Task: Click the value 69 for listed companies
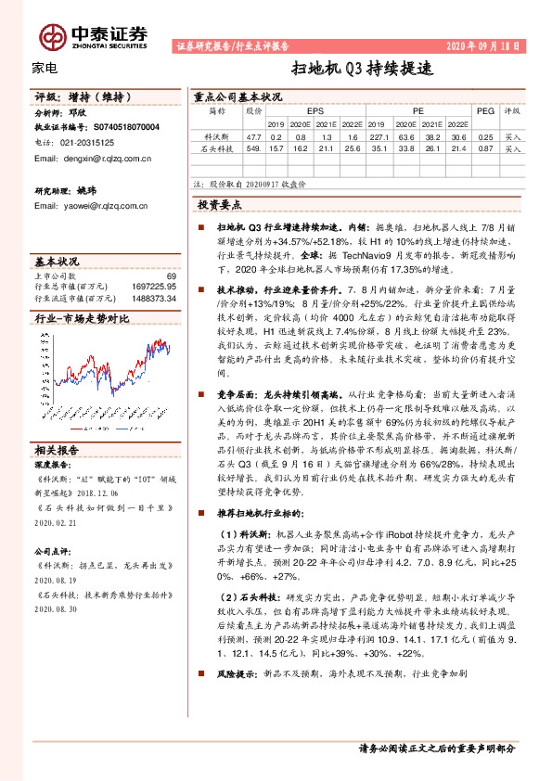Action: click(171, 275)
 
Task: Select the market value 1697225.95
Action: click(152, 286)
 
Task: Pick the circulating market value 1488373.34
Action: click(152, 298)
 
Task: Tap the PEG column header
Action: click(484, 109)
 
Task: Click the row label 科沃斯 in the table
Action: click(216, 135)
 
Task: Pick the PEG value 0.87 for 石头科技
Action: click(483, 147)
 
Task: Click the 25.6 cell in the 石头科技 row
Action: click(350, 147)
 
